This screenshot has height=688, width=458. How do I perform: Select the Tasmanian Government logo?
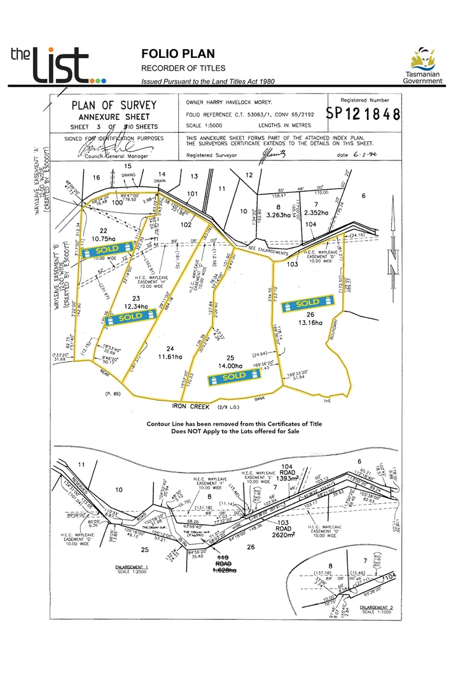[x=423, y=66]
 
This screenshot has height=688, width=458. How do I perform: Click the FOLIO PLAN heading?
[x=177, y=54]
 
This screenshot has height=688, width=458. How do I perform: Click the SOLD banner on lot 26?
[x=308, y=303]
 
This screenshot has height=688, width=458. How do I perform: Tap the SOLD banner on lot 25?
[x=234, y=378]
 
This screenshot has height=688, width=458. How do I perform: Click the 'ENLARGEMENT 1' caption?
[x=132, y=566]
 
